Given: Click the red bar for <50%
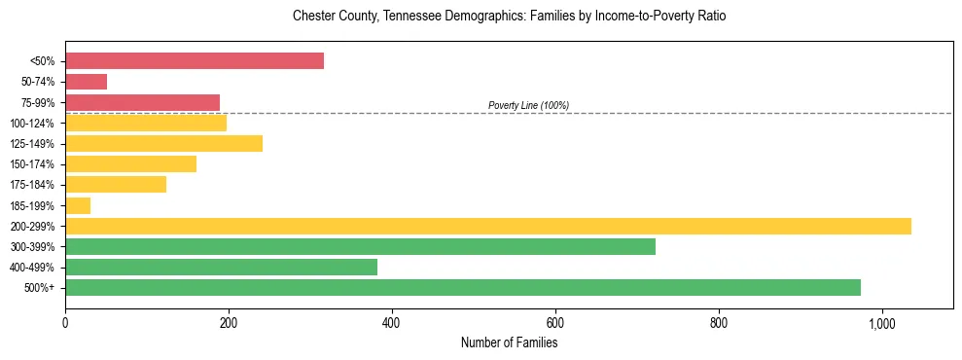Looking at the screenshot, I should (x=195, y=61).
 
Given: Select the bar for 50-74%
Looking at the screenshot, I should (x=86, y=82).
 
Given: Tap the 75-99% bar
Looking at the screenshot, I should (x=142, y=102).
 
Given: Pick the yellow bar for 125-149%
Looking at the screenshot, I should (x=163, y=144).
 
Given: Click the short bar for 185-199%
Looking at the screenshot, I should (x=78, y=205).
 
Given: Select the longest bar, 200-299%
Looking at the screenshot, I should (x=487, y=226).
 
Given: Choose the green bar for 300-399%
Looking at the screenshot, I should (x=360, y=246).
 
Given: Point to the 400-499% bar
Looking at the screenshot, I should (x=221, y=267).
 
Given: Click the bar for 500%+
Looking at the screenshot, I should (x=462, y=287).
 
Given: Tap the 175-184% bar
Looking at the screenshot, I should (x=116, y=185).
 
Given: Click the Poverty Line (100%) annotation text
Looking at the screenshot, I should (x=528, y=105).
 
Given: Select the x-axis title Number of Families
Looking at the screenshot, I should (x=509, y=343).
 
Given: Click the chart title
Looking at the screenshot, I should (x=509, y=17).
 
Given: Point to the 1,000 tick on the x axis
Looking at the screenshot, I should (x=882, y=323).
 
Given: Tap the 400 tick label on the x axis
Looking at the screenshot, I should (x=392, y=323).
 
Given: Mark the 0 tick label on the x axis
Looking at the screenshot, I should (x=65, y=323).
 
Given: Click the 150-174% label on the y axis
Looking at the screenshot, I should (x=32, y=164).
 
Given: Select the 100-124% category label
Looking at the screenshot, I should (x=32, y=124).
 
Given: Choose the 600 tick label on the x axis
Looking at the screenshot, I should (x=555, y=323).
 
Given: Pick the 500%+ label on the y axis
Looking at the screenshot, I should (x=39, y=288).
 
